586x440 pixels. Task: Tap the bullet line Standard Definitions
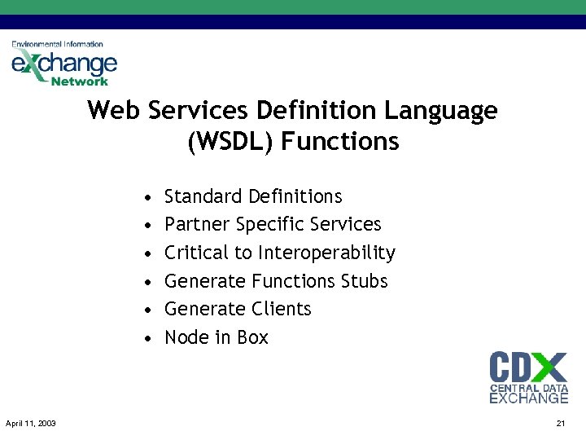point(253,196)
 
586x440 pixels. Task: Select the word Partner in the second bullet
point(197,224)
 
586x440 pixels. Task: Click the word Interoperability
point(326,253)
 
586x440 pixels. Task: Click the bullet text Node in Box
point(216,337)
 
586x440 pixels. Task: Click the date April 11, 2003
point(30,424)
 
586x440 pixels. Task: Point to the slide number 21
point(560,424)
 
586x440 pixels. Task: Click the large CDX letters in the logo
point(527,367)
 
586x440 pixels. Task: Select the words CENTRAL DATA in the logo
point(529,389)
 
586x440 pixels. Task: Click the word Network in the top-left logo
point(79,81)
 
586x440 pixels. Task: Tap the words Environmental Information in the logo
point(57,44)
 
